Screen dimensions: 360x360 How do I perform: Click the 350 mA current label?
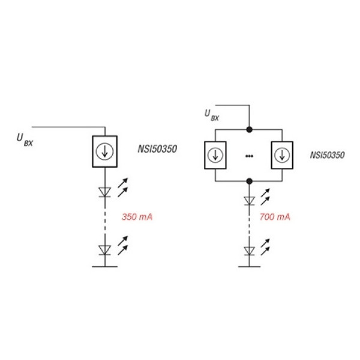pos(137,217)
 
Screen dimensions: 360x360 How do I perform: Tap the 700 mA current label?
pos(275,217)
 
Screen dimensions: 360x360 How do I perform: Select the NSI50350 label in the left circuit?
pos(157,149)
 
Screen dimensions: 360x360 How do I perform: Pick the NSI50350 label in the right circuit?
pos(328,155)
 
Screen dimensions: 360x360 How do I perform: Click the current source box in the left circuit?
pos(104,152)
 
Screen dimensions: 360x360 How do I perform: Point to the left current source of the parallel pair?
pos(215,155)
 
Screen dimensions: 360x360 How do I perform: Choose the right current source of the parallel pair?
pos(282,155)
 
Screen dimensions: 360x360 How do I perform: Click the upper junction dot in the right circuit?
pos(250,130)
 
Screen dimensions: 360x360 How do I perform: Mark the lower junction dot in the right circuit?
pos(250,181)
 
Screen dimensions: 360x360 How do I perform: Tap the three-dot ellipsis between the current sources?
pos(250,156)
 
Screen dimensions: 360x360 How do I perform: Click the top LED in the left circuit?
pos(104,192)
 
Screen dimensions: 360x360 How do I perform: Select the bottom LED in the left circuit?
pos(104,250)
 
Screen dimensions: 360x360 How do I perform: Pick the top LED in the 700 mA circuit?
pos(250,200)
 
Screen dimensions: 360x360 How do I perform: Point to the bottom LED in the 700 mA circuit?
pos(250,251)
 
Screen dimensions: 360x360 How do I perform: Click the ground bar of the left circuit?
pos(104,267)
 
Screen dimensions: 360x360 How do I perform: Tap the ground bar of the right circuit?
pos(250,267)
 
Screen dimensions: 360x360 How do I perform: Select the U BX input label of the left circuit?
pos(25,140)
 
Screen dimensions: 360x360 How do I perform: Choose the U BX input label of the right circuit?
pos(212,115)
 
